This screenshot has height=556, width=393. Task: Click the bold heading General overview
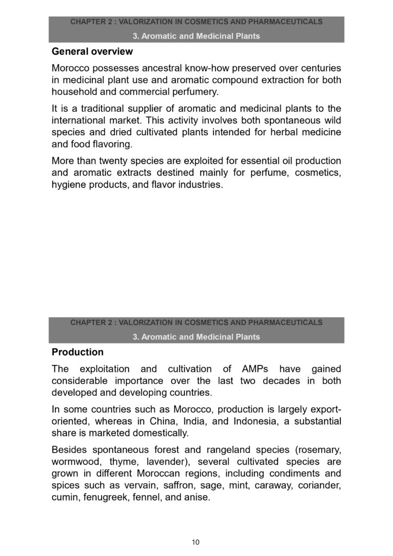pyautogui.click(x=92, y=53)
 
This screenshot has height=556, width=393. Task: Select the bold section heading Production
pyautogui.click(x=77, y=352)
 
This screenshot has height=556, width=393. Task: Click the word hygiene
pyautogui.click(x=67, y=185)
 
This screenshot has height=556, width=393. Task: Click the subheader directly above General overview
pyautogui.click(x=196, y=36)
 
